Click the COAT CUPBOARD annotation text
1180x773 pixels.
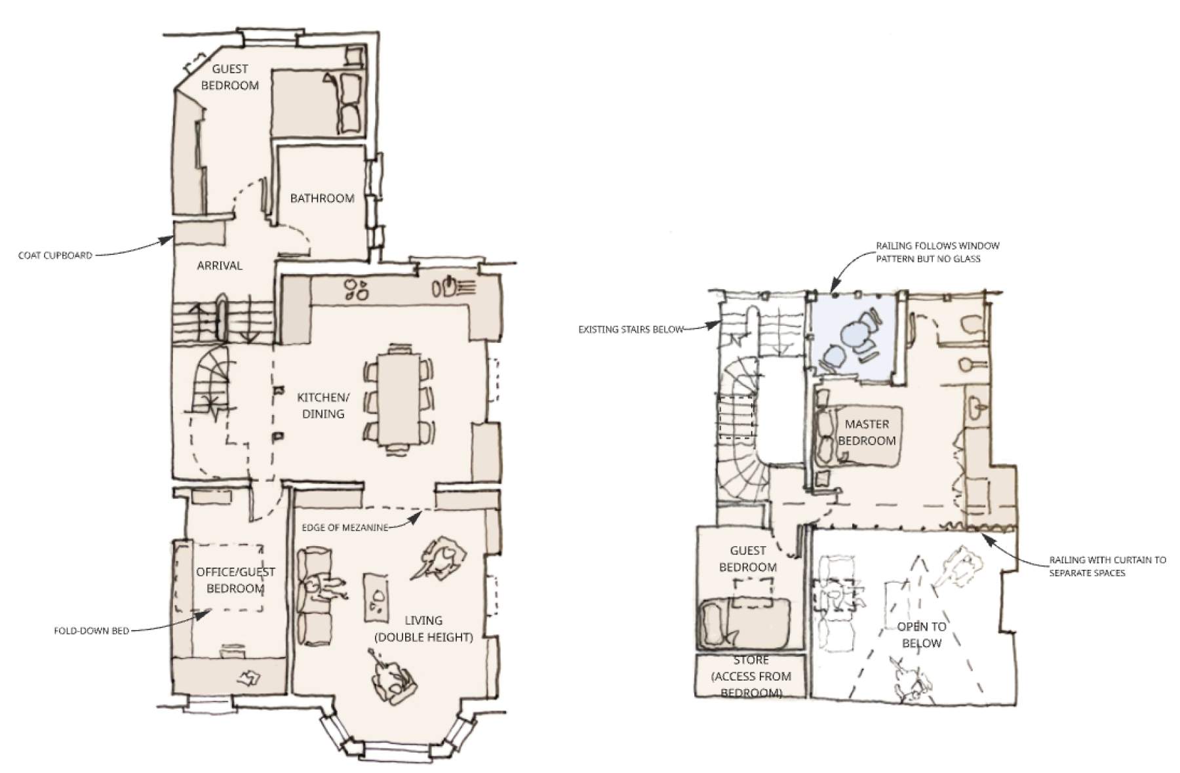pyautogui.click(x=55, y=256)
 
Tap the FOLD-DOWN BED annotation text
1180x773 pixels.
pyautogui.click(x=91, y=631)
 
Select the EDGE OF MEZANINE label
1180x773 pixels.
pyautogui.click(x=345, y=528)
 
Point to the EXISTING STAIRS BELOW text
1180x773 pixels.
pyautogui.click(x=631, y=329)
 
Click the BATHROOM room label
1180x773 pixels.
pyautogui.click(x=322, y=198)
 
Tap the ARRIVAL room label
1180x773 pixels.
pyautogui.click(x=220, y=266)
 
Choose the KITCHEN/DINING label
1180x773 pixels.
pyautogui.click(x=323, y=405)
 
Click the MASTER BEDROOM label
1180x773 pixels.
pyautogui.click(x=867, y=432)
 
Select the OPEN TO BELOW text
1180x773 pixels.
pyautogui.click(x=921, y=635)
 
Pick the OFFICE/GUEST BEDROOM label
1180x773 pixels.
pyautogui.click(x=235, y=580)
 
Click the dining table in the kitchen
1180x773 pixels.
pyautogui.click(x=399, y=399)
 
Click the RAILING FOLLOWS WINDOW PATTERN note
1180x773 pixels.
pyautogui.click(x=937, y=252)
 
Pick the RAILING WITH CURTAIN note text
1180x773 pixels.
pyautogui.click(x=1107, y=566)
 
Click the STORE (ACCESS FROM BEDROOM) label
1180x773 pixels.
pyautogui.click(x=751, y=676)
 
